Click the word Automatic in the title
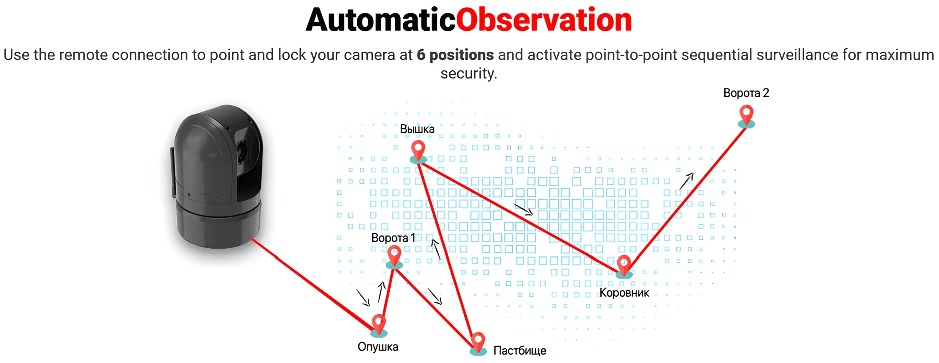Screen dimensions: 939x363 click(x=381, y=20)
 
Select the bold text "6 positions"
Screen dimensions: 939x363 click(x=455, y=55)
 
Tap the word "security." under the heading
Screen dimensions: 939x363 click(x=469, y=74)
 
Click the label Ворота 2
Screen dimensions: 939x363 click(x=746, y=93)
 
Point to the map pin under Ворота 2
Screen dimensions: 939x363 click(x=746, y=116)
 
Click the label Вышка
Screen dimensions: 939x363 click(x=417, y=129)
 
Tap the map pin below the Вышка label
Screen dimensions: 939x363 click(x=418, y=152)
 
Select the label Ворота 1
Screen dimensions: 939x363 click(x=393, y=238)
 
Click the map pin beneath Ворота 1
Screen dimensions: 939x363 click(x=394, y=257)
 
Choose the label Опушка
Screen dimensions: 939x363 click(x=378, y=347)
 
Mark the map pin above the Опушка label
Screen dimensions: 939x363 click(x=379, y=326)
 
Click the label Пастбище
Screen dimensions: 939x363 click(x=520, y=351)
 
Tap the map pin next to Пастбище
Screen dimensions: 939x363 click(x=478, y=344)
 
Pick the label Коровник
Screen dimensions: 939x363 click(x=624, y=293)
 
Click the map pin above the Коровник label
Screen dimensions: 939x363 click(x=624, y=267)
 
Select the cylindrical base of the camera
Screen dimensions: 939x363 click(x=219, y=225)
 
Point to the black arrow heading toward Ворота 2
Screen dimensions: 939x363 click(x=686, y=181)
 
